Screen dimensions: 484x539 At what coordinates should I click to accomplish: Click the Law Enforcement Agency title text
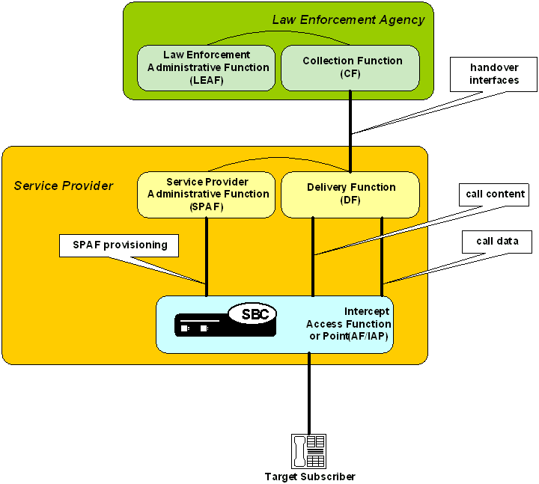pyautogui.click(x=348, y=19)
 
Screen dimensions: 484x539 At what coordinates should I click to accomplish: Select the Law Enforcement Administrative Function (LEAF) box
pyautogui.click(x=207, y=67)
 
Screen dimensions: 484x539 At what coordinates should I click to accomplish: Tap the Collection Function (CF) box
pyautogui.click(x=350, y=67)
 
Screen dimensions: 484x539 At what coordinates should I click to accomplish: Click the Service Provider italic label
pyautogui.click(x=64, y=186)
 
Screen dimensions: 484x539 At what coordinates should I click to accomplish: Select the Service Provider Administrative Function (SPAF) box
pyautogui.click(x=207, y=194)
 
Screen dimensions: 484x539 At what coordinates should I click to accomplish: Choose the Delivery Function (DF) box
pyautogui.click(x=350, y=194)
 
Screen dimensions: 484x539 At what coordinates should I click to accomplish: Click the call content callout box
pyautogui.click(x=496, y=194)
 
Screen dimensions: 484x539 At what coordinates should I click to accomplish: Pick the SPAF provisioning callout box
pyautogui.click(x=120, y=245)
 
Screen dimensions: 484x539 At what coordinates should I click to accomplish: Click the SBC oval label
pyautogui.click(x=253, y=314)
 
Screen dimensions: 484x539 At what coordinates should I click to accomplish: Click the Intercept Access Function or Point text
pyautogui.click(x=349, y=324)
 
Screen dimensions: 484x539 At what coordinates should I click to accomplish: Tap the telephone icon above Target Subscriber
pyautogui.click(x=308, y=451)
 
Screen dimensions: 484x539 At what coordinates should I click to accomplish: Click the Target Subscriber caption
pyautogui.click(x=310, y=477)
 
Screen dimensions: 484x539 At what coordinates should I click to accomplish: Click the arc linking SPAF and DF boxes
pyautogui.click(x=278, y=160)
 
